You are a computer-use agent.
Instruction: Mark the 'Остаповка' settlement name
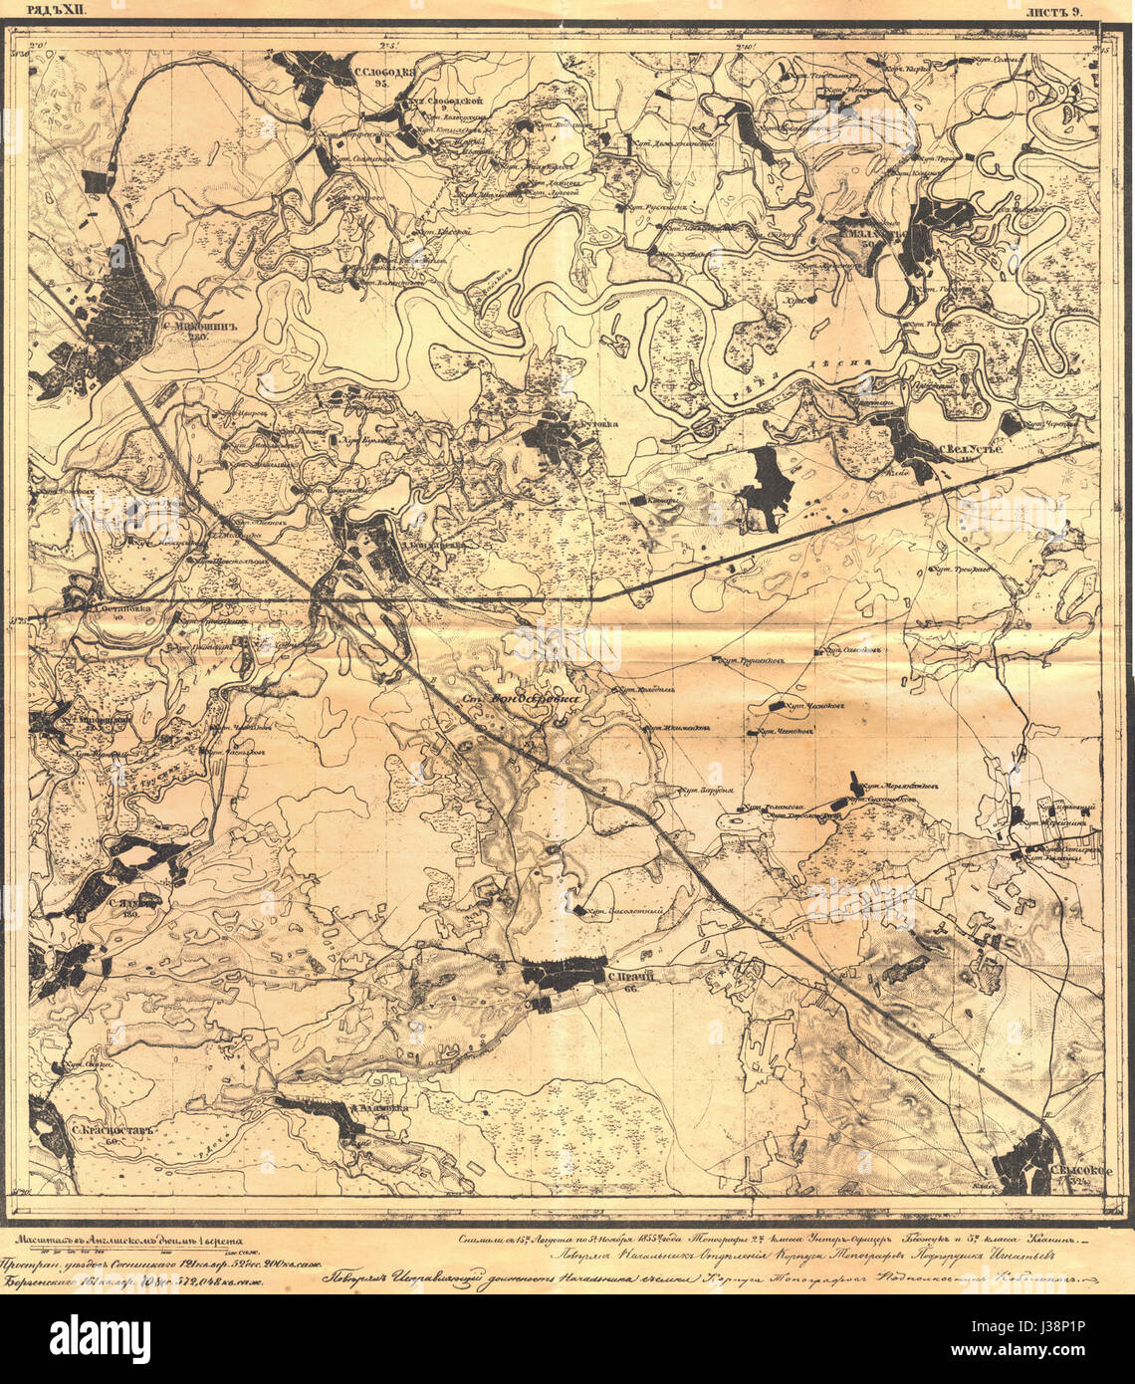pos(117,603)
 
